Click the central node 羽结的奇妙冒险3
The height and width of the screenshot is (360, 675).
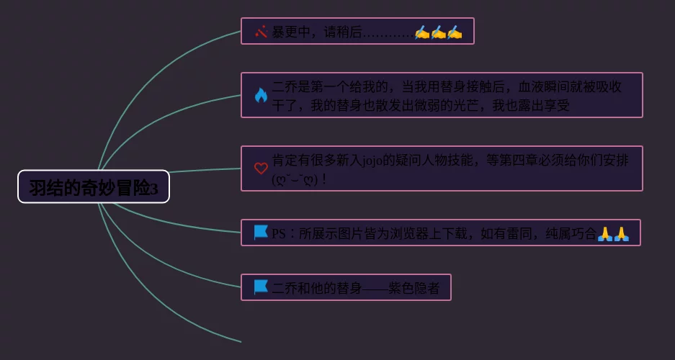94,187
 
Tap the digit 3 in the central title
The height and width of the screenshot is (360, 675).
164,189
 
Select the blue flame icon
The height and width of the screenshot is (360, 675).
261,95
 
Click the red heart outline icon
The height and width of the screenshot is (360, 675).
261,168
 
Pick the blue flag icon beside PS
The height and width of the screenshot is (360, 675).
261,233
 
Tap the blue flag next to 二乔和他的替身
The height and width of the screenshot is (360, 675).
261,287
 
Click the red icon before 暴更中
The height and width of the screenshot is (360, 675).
261,32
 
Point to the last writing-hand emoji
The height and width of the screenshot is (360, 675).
454,32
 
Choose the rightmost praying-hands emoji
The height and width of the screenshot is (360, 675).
622,233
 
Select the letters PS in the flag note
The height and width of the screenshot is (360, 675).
279,233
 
